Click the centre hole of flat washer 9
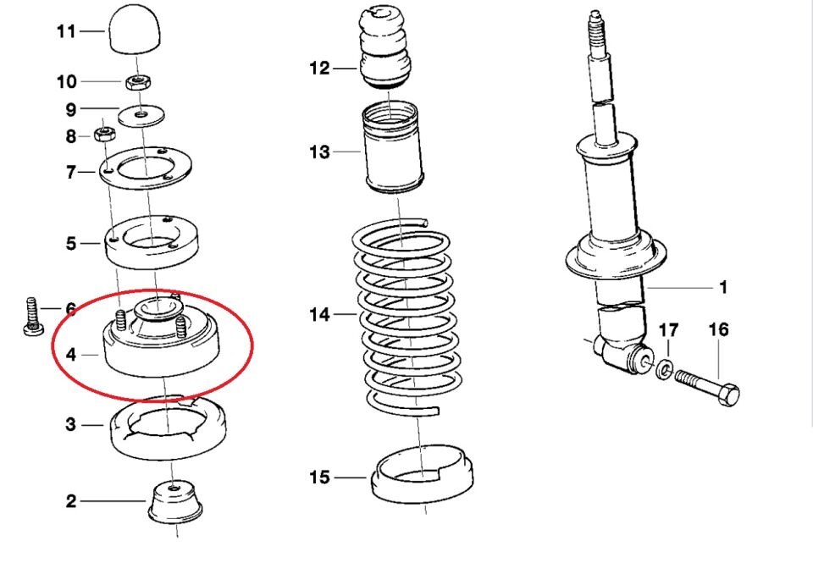click(142, 113)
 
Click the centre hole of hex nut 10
click(138, 80)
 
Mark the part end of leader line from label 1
click(646, 287)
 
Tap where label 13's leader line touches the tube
click(362, 152)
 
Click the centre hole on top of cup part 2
click(172, 488)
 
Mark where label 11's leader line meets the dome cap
click(108, 31)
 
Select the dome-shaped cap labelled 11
click(135, 29)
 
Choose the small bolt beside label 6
click(33, 317)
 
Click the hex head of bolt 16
click(729, 395)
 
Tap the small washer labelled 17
click(664, 370)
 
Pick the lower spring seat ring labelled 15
click(422, 473)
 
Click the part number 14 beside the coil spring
click(319, 314)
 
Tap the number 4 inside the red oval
click(71, 355)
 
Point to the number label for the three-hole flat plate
click(71, 172)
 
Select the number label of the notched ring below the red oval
click(71, 425)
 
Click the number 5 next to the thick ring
click(71, 243)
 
